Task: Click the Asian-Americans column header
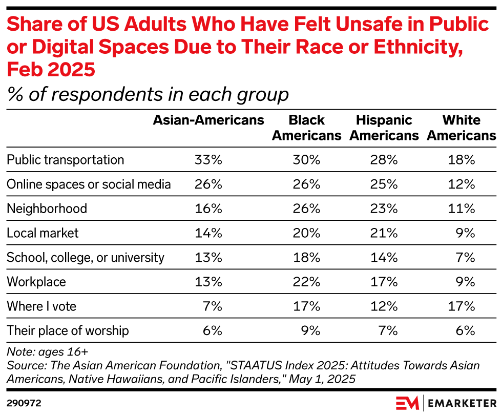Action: [x=208, y=120]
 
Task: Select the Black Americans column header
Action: [x=306, y=128]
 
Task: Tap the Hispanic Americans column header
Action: [x=384, y=128]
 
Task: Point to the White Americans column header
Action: [x=461, y=128]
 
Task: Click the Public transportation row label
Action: [x=65, y=160]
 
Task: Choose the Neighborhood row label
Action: [x=47, y=209]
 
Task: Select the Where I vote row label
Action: [x=41, y=306]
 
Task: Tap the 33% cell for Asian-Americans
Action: [x=208, y=160]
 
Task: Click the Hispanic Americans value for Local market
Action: [x=384, y=233]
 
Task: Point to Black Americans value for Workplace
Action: [x=306, y=282]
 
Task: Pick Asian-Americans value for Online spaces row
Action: [x=208, y=184]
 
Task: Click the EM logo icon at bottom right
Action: [x=407, y=403]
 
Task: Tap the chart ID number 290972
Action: [x=24, y=403]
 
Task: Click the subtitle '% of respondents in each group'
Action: [x=148, y=95]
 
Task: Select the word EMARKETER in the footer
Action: [x=462, y=404]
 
